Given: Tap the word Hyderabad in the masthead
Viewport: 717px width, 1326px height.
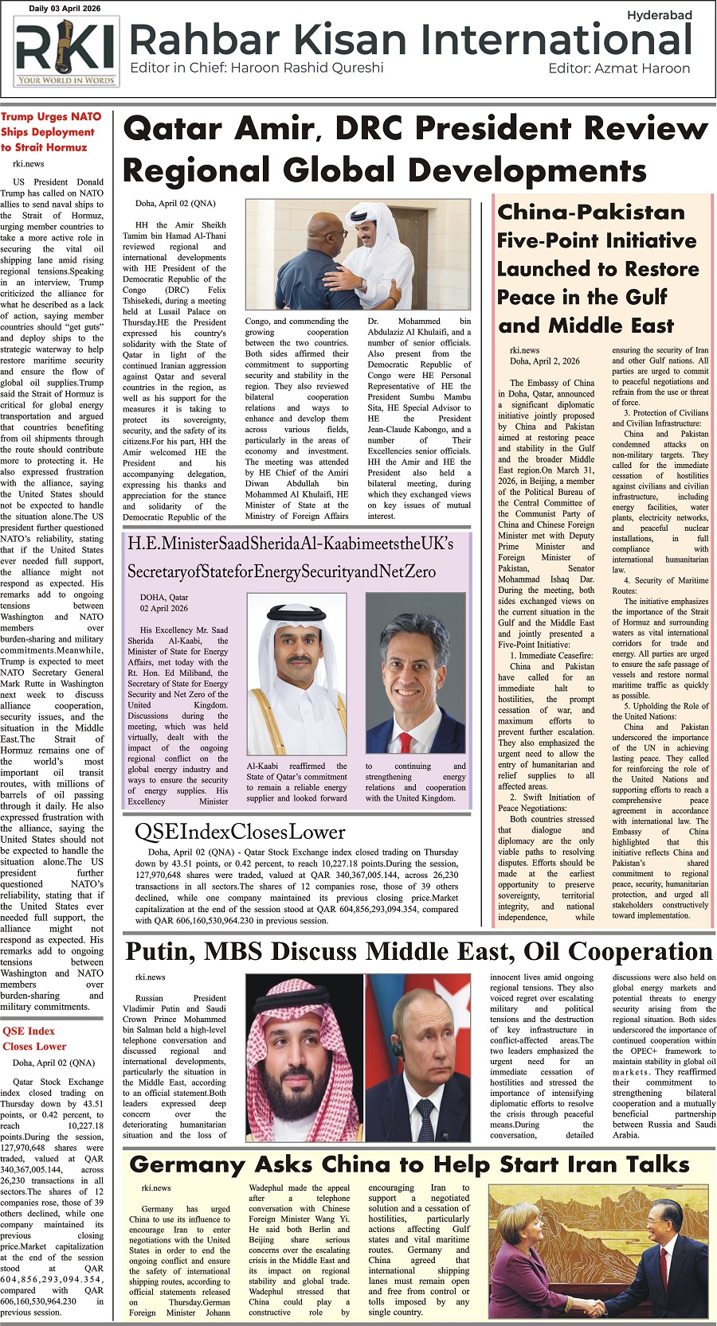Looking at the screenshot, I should (x=659, y=15).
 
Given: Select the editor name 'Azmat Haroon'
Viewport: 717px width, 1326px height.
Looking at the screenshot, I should (x=642, y=68).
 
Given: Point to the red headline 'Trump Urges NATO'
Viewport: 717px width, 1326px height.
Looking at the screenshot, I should (x=51, y=117).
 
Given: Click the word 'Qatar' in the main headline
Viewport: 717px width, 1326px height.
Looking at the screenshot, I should (x=178, y=129).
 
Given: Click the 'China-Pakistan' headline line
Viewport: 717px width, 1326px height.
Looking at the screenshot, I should (x=591, y=213).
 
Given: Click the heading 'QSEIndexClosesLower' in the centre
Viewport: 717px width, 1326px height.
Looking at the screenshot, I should (x=240, y=833).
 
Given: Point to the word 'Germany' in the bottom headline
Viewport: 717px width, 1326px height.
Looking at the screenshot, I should (x=187, y=1166).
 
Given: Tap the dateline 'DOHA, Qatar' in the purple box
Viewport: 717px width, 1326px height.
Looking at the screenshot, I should (x=164, y=597).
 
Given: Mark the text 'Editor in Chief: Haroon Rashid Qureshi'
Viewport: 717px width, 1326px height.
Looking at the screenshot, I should (x=257, y=68).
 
